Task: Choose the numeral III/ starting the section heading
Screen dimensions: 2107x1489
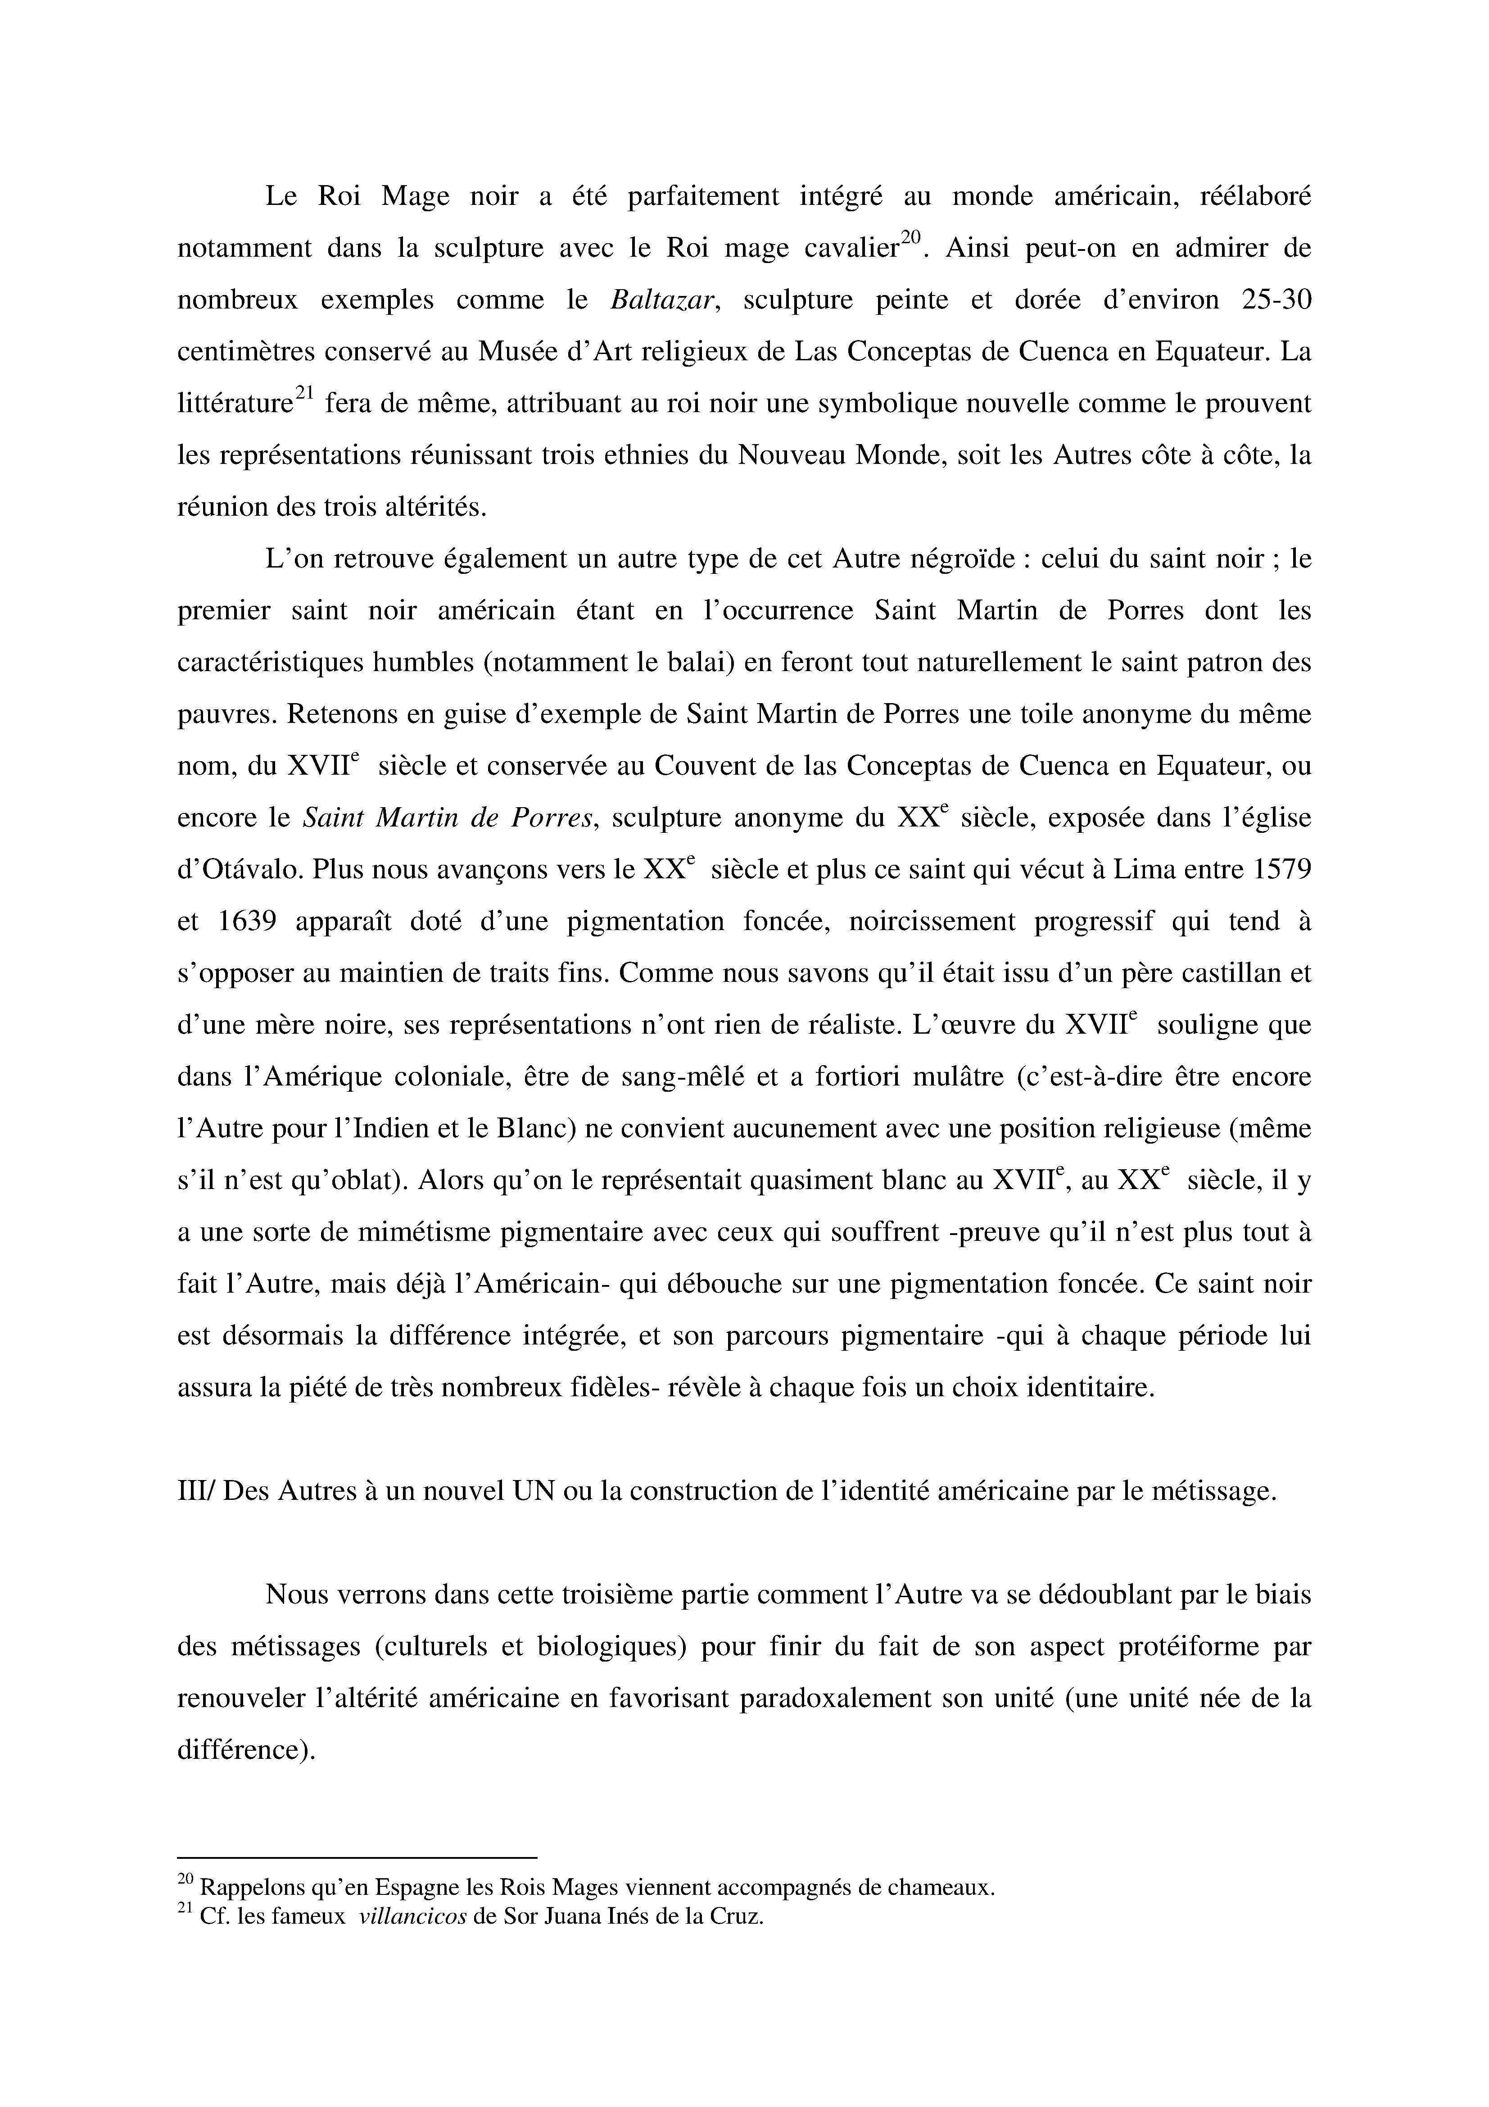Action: [x=196, y=1491]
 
